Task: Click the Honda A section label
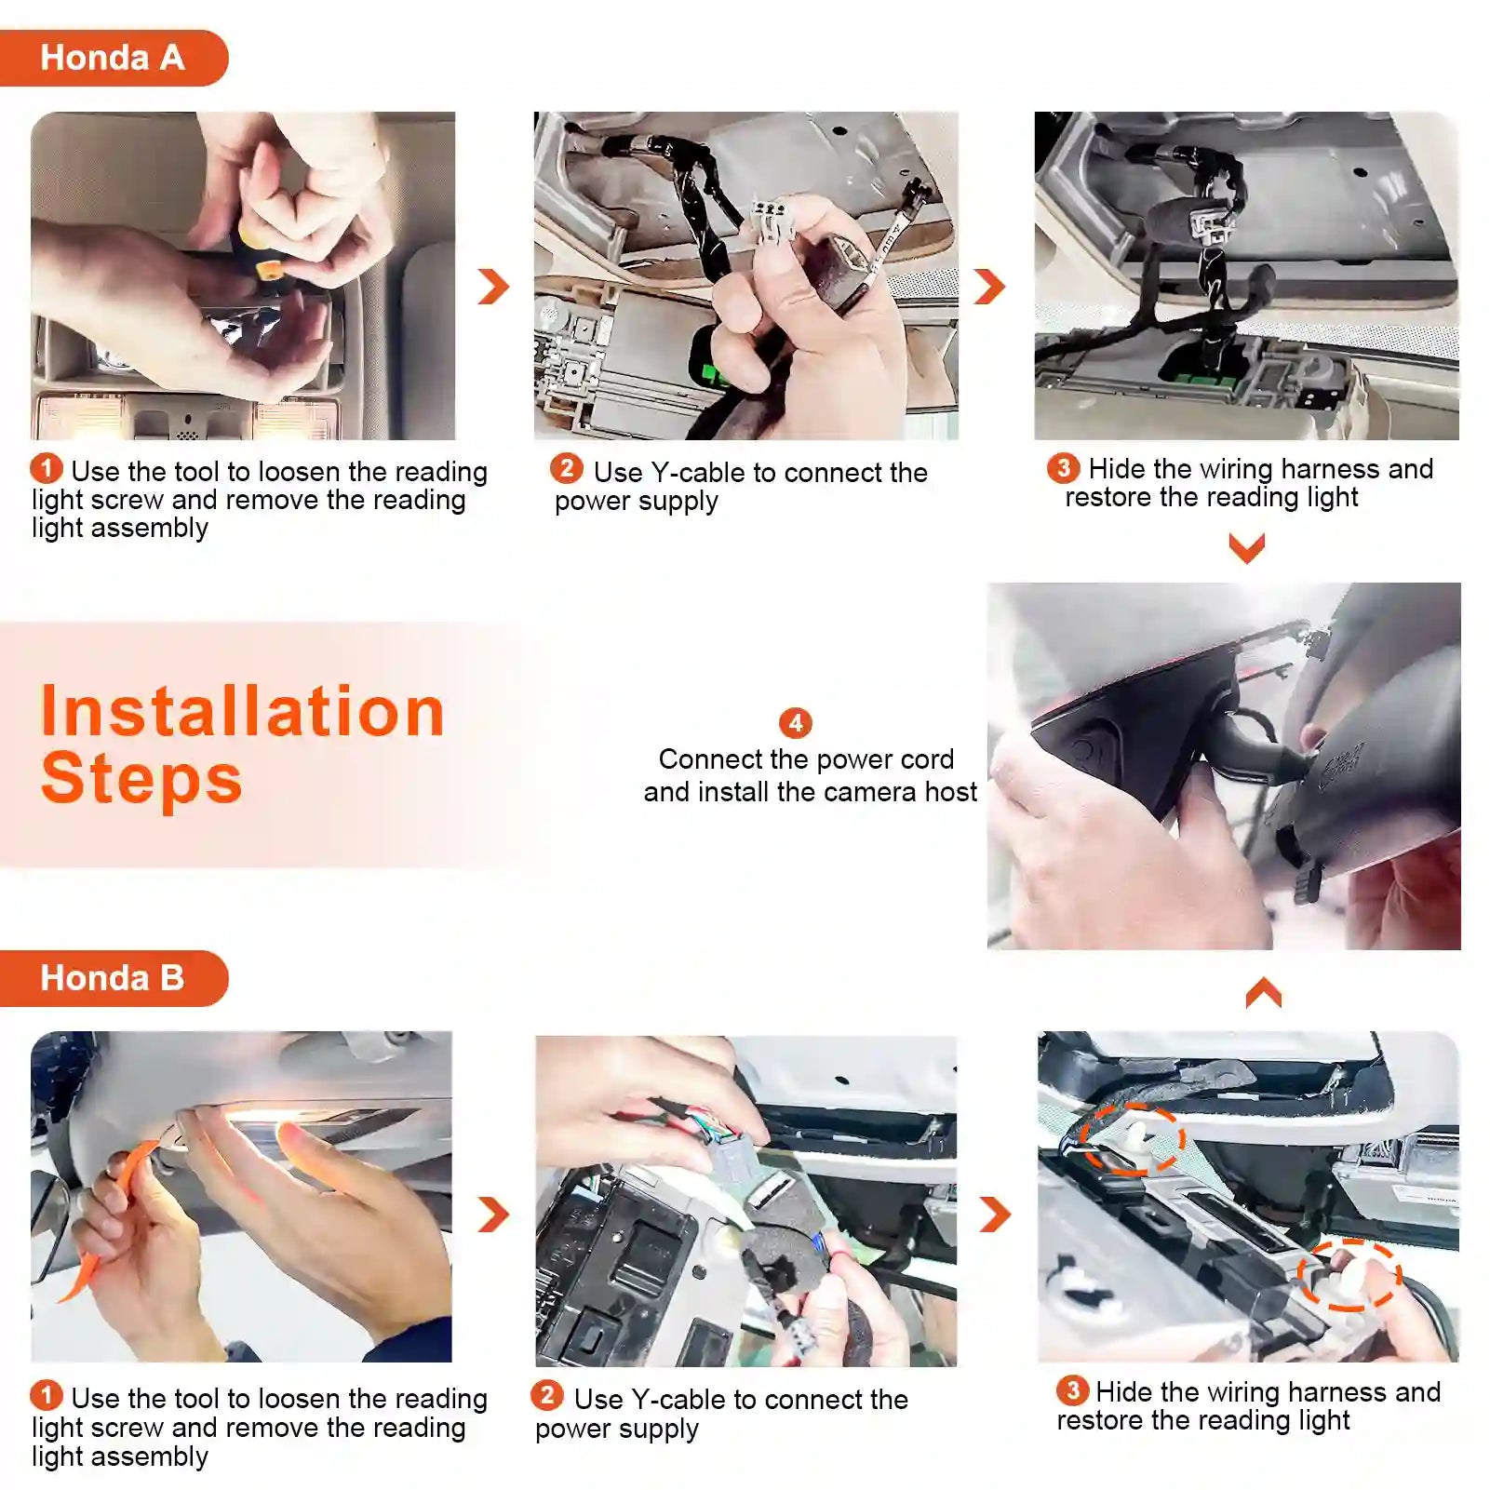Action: [113, 58]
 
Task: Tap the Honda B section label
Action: [113, 978]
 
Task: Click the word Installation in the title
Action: [243, 711]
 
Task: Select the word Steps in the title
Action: [141, 779]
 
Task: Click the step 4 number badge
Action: [796, 723]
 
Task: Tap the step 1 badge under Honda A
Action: [47, 468]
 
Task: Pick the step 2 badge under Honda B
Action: [547, 1395]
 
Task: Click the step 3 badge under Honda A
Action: [1064, 468]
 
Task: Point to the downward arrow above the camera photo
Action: [1247, 547]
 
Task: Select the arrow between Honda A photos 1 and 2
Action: [494, 287]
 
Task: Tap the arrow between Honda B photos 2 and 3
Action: [996, 1215]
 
